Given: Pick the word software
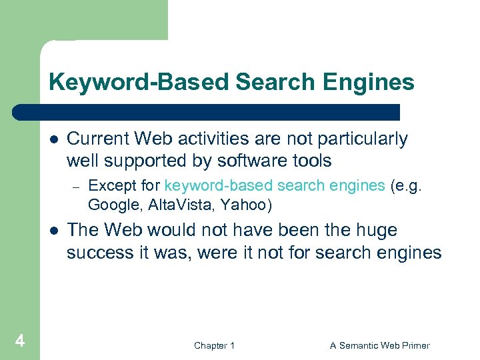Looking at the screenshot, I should click(251, 161).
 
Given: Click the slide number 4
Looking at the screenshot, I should click(20, 342).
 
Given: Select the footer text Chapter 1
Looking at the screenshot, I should click(214, 345).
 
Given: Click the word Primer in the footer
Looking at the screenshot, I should click(414, 345).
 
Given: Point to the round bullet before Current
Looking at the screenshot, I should click(53, 140).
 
